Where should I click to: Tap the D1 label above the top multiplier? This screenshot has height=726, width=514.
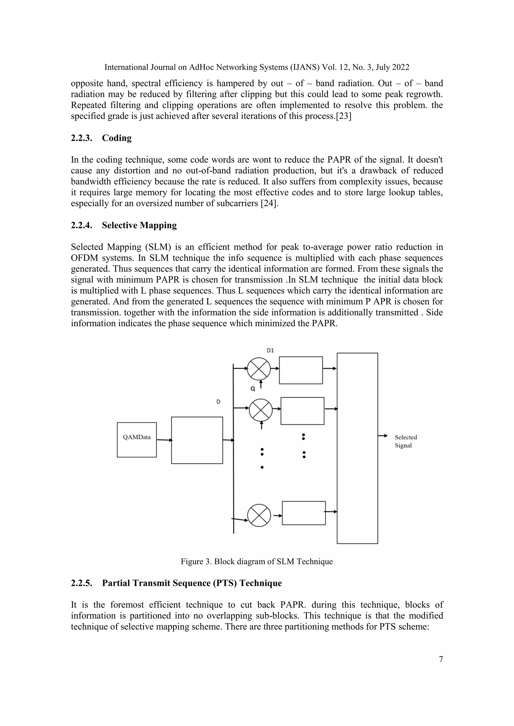point(270,350)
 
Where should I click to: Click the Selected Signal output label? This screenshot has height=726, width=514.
point(406,441)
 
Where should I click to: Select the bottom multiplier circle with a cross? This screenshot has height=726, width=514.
point(259,515)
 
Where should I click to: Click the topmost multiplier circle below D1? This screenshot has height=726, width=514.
point(259,369)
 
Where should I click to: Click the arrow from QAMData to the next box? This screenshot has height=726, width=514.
point(164,440)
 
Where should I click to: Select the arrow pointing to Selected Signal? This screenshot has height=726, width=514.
point(383,436)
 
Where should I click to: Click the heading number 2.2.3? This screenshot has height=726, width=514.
point(81,138)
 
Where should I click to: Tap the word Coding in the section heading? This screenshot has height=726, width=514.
point(117,138)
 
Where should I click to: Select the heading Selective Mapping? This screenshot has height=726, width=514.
point(139,225)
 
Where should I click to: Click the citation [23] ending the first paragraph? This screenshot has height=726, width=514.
point(343,116)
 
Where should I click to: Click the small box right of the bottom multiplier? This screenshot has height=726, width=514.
point(304,513)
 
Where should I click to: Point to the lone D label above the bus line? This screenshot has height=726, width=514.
point(218,402)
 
